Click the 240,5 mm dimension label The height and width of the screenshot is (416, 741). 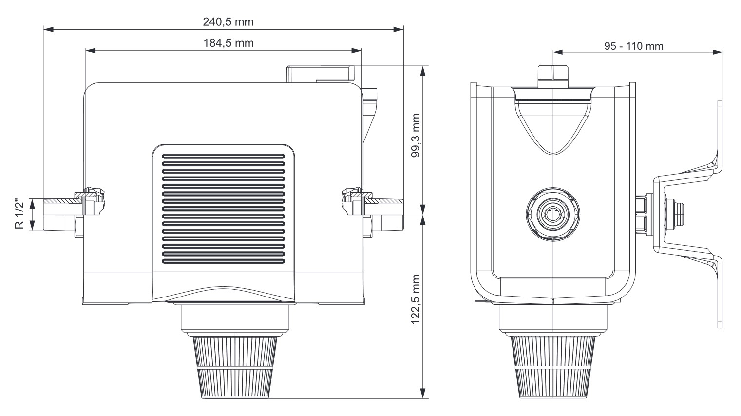click(228, 22)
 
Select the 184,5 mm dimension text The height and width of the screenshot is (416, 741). click(228, 43)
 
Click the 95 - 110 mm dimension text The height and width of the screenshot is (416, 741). click(633, 46)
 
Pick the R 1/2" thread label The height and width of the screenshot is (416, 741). click(19, 214)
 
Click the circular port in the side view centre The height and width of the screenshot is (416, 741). click(553, 214)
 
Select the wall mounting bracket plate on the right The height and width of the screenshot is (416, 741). click(719, 215)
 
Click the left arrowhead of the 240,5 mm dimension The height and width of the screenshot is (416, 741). click(47, 30)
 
